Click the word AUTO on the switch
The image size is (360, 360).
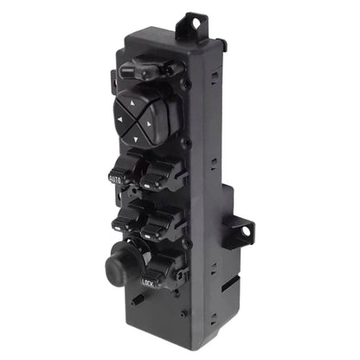pos(116,178)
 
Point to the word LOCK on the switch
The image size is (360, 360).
pos(148,280)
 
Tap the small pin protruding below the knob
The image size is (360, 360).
pos(138,300)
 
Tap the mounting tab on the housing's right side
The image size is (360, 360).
pos(241,230)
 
